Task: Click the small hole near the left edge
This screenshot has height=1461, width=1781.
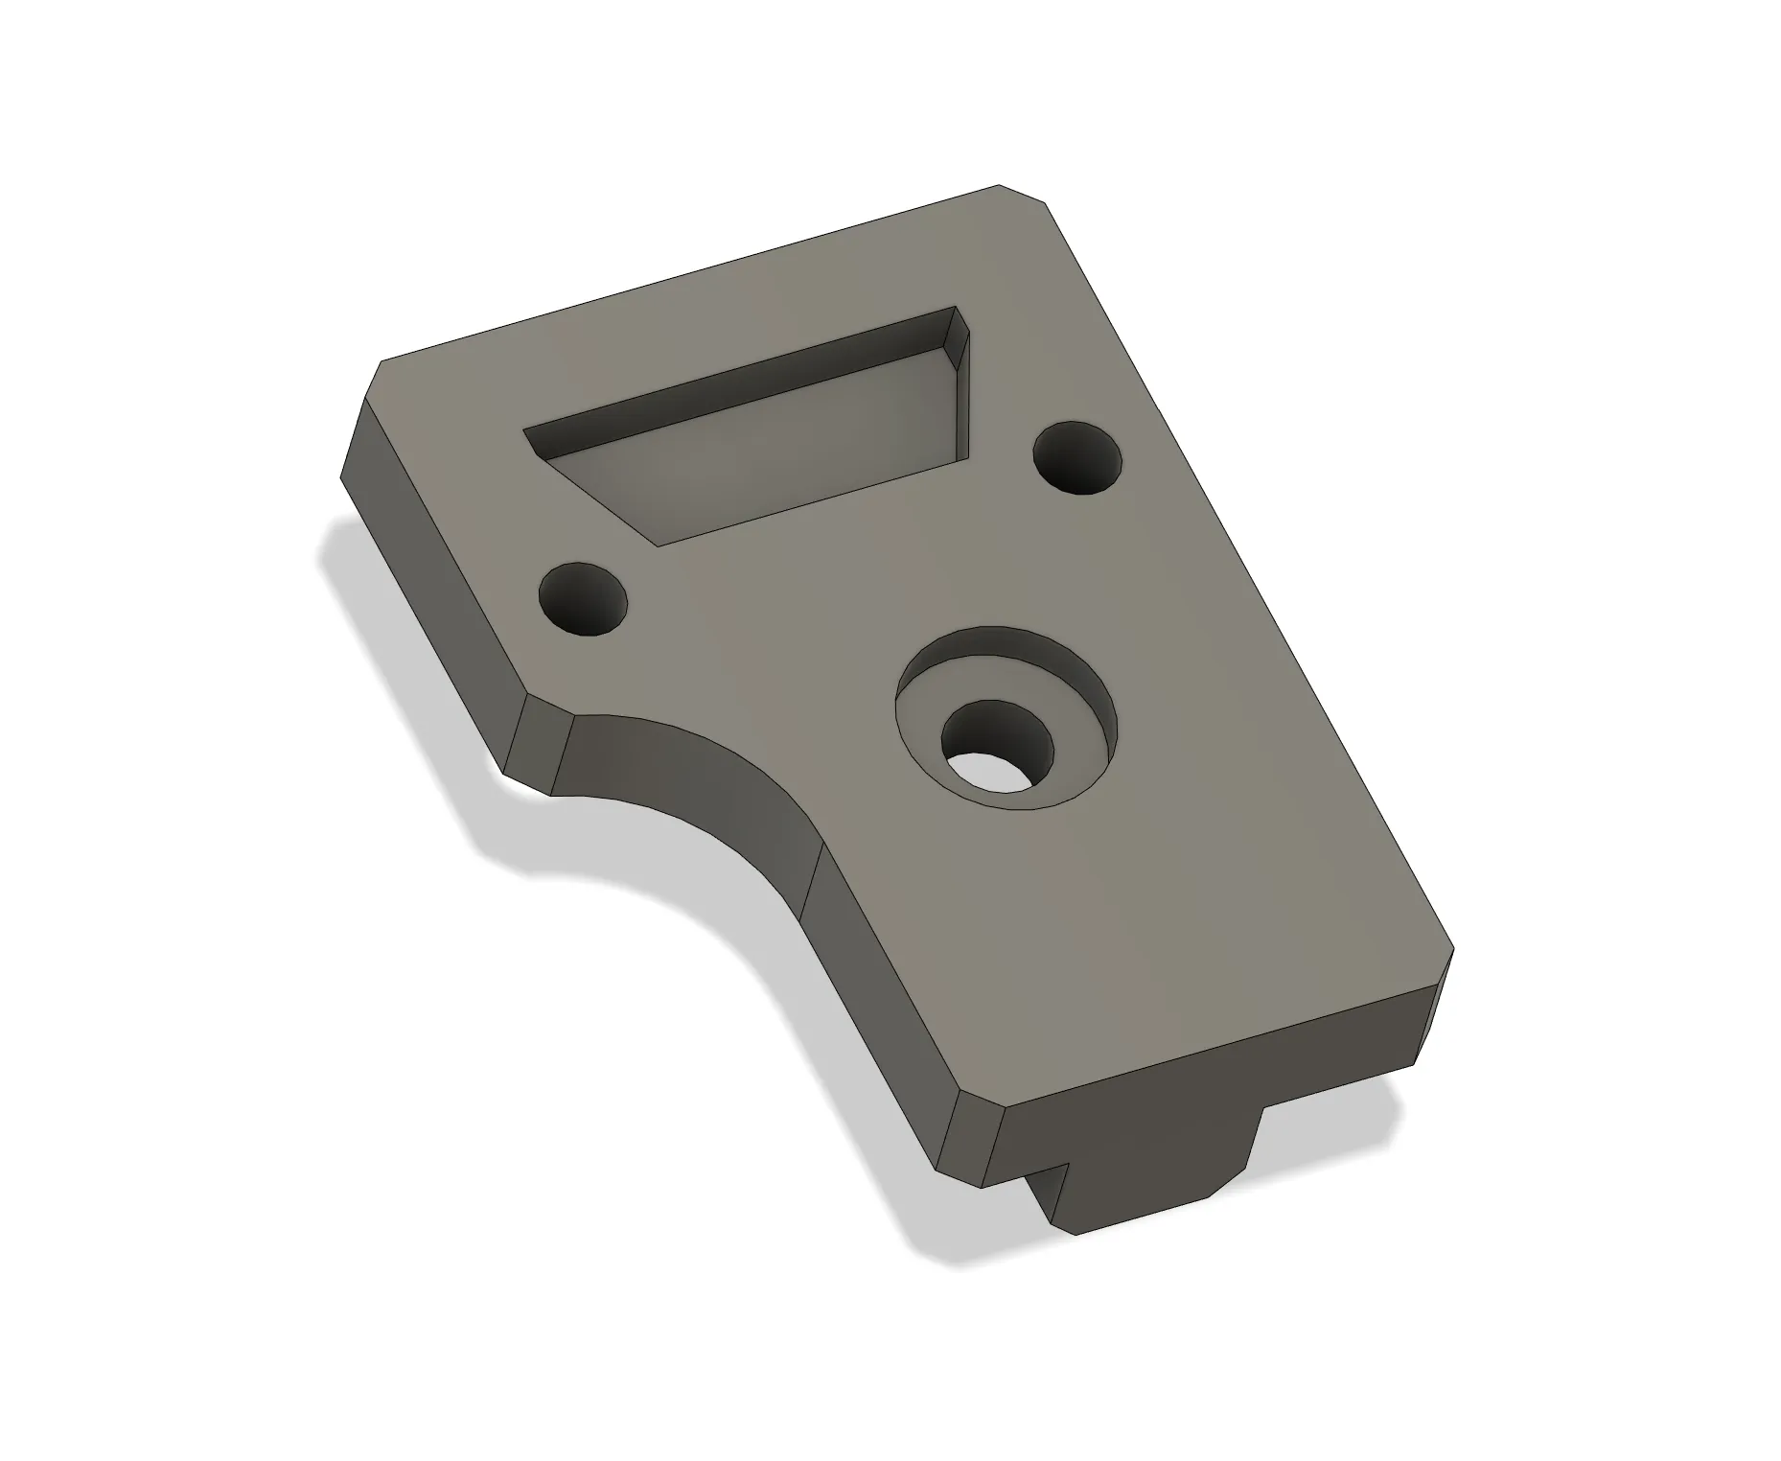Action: click(x=584, y=599)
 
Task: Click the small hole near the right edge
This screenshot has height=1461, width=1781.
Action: click(x=1077, y=457)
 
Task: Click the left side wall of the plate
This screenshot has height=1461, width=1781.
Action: click(x=431, y=566)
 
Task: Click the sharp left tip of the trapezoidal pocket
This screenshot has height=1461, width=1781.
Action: click(x=529, y=433)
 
